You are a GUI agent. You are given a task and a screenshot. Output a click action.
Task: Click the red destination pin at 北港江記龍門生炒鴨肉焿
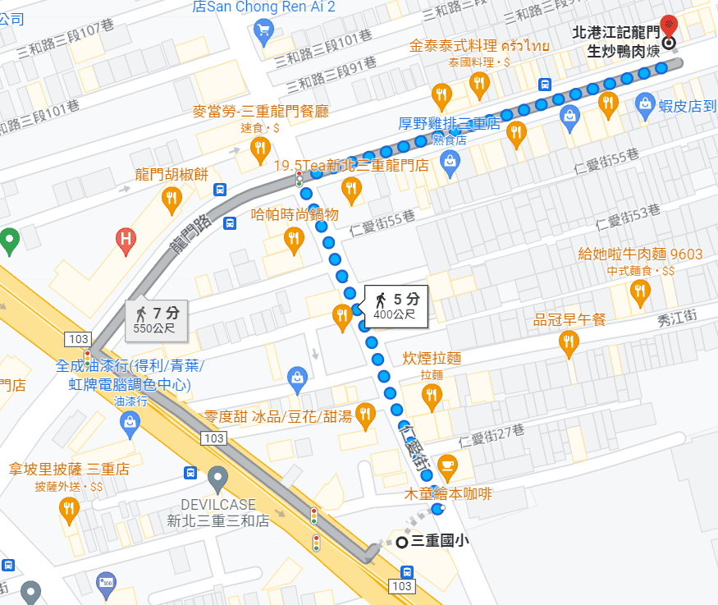(669, 25)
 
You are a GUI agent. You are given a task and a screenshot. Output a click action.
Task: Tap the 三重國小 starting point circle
(402, 542)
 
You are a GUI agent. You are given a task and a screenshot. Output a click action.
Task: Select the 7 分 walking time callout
(157, 319)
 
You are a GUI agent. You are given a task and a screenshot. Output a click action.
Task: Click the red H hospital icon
(126, 239)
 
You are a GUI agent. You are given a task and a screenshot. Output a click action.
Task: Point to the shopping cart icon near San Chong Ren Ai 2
(263, 32)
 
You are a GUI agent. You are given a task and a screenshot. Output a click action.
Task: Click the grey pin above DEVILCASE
(217, 476)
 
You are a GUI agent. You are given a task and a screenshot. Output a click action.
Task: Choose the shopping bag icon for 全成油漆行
(130, 422)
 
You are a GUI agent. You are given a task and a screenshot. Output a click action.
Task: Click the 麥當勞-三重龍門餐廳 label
(260, 111)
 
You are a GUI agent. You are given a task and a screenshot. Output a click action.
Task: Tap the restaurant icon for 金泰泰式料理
(479, 82)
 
